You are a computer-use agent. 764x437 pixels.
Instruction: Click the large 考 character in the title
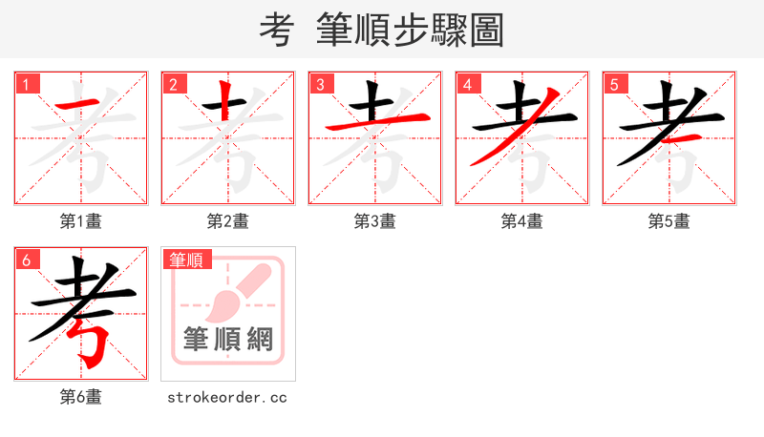(x=275, y=30)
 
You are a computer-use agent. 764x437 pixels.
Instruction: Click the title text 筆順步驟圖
(x=411, y=30)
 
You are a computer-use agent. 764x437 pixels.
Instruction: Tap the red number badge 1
(x=26, y=84)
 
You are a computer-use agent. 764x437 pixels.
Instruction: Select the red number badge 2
(x=173, y=84)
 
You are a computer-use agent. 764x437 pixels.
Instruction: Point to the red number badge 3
(x=320, y=84)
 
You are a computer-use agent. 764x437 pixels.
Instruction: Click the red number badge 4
(x=467, y=84)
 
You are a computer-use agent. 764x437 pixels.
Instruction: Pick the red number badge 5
(x=614, y=84)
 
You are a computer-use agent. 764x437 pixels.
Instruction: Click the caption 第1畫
(x=81, y=221)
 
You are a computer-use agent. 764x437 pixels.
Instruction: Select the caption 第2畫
(x=228, y=221)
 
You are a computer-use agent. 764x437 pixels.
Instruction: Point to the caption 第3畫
(x=375, y=221)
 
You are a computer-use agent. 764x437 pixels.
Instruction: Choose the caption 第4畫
(x=522, y=221)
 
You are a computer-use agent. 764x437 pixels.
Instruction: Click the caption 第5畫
(x=669, y=221)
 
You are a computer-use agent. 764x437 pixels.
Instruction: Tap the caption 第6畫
(x=81, y=397)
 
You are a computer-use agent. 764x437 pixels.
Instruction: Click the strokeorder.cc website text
(x=228, y=397)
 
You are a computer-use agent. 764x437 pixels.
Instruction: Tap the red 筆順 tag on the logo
(x=187, y=259)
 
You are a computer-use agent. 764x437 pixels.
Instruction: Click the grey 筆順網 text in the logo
(x=228, y=339)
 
